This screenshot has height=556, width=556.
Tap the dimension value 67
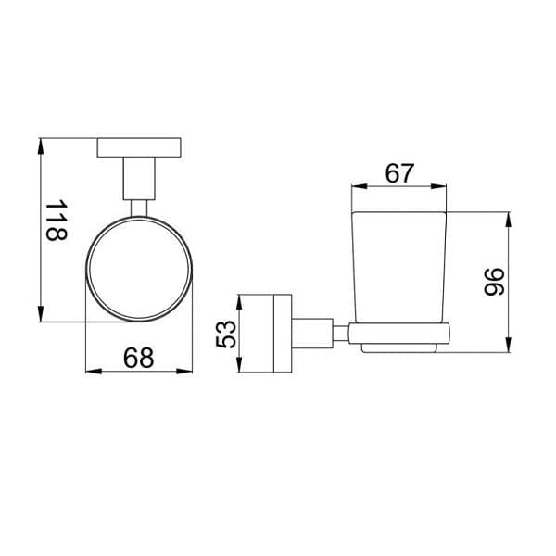point(399,172)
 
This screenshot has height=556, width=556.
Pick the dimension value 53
point(223,334)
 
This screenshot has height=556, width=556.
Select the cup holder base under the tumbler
point(399,337)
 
